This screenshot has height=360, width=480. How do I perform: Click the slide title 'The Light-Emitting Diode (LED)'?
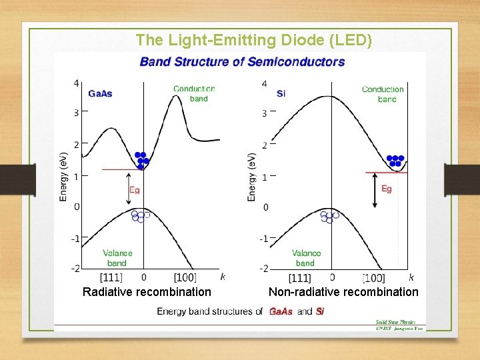coord(254,40)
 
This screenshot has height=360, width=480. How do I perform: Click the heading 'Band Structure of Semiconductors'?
coord(242,62)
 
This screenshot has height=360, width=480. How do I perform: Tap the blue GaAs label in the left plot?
coord(100,93)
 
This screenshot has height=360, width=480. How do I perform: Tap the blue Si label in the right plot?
coord(281,93)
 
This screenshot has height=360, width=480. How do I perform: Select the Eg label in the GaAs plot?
coord(135,190)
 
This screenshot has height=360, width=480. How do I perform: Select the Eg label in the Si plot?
coord(387,189)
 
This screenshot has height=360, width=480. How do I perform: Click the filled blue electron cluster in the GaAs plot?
coord(141,160)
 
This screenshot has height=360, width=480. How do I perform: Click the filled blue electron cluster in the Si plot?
coord(395,161)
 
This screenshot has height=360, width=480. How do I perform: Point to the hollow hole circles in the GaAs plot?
coord(140,216)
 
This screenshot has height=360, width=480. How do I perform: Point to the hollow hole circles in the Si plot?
coord(329,216)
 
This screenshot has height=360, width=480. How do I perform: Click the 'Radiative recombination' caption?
coord(147,292)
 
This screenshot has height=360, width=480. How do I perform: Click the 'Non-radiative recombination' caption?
coord(343,292)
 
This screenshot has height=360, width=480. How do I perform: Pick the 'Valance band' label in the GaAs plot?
coord(117,258)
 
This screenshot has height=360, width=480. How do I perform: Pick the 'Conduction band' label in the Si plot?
coord(383,94)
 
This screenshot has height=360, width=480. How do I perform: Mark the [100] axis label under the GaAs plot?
coord(185,277)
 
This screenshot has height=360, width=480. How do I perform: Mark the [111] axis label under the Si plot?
coord(300,278)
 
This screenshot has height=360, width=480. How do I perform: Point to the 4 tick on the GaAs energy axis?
coord(76,83)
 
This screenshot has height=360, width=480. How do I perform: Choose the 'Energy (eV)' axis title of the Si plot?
coord(252,177)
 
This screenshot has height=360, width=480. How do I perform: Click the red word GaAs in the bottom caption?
coord(281,311)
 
